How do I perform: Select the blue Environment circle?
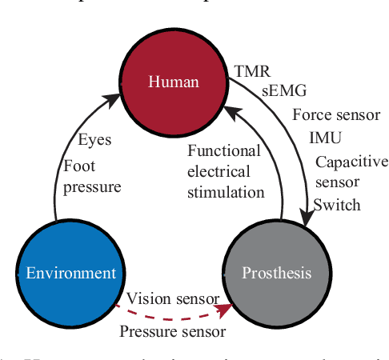click(70, 273)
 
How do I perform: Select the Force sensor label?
click(336, 114)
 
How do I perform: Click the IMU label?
click(325, 138)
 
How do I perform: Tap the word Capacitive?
click(351, 162)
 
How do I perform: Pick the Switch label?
click(337, 205)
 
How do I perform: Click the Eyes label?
click(94, 140)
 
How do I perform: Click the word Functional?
click(224, 150)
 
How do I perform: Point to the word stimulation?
click(226, 192)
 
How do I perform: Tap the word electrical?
click(219, 171)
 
